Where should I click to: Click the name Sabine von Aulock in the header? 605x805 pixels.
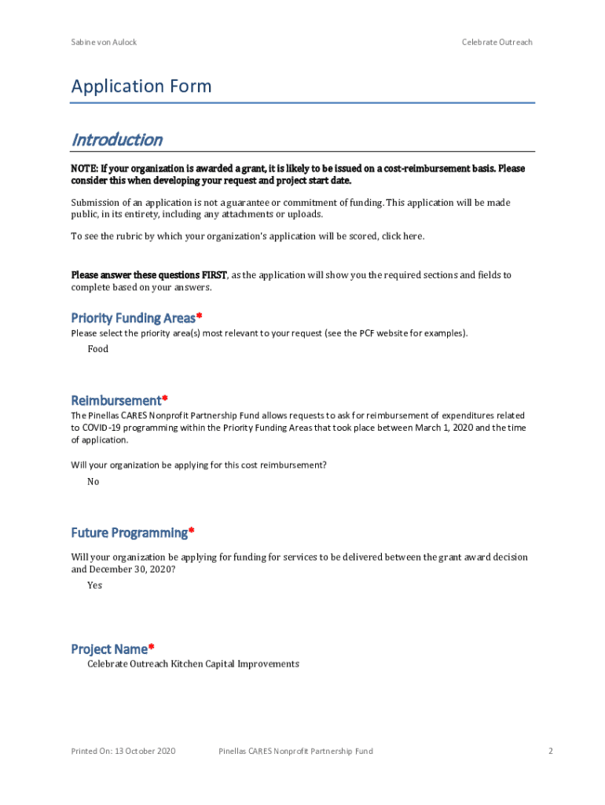coord(104,42)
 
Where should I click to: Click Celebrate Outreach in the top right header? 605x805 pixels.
coord(497,42)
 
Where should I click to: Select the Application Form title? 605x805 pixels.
coord(141,86)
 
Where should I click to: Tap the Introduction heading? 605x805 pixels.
coord(116,140)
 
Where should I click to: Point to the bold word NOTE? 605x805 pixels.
coord(85,169)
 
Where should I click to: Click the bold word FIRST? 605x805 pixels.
coord(214,275)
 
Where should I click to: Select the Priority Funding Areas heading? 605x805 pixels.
coord(133,318)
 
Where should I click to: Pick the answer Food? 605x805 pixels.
coord(97,349)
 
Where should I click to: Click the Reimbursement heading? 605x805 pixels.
coord(115,400)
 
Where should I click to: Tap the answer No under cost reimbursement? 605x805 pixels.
coord(93,482)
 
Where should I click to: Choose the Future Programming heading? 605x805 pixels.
coord(129,533)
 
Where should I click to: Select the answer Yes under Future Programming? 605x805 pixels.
coord(94,586)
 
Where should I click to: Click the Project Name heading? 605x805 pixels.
coord(108,649)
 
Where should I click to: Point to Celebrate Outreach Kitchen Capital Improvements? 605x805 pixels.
coord(192,664)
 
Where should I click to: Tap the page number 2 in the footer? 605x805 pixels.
coord(551,752)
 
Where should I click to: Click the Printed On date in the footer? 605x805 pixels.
coord(123,752)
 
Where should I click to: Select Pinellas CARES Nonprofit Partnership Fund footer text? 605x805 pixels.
coord(295,752)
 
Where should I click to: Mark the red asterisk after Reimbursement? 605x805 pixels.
coord(165,399)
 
